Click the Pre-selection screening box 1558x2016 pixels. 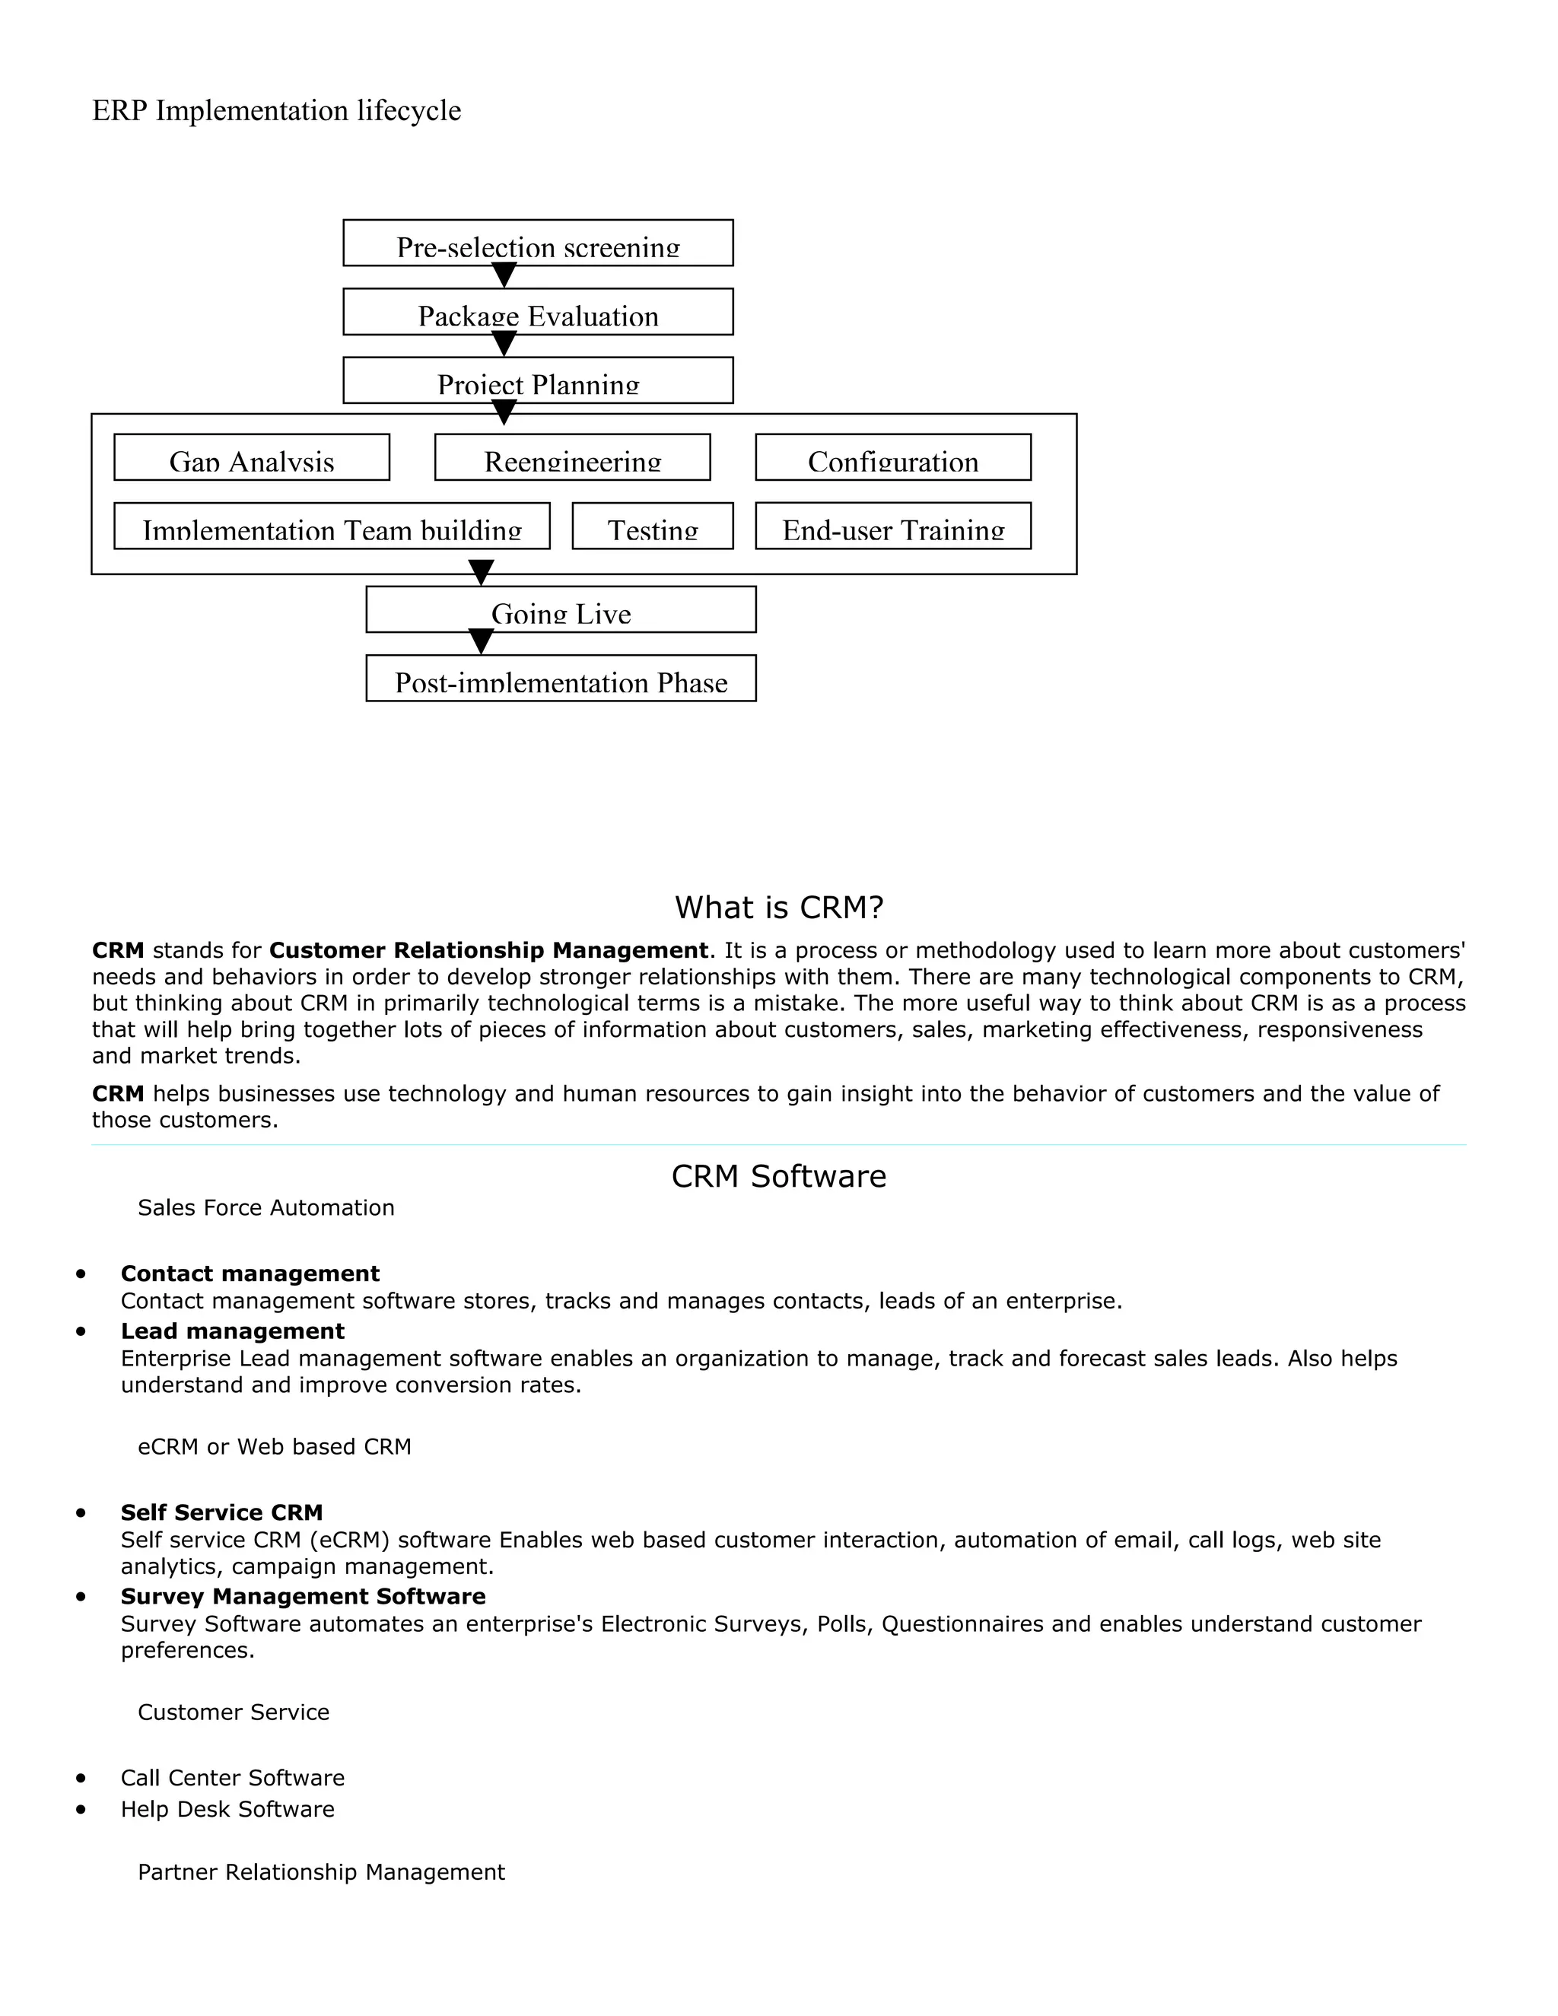[538, 243]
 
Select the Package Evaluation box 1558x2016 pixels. [538, 312]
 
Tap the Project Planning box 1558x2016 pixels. [538, 380]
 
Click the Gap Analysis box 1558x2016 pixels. [252, 457]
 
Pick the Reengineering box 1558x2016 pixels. [572, 457]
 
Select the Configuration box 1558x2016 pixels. [892, 457]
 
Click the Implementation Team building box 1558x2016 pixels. [332, 526]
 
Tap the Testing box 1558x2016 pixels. [653, 526]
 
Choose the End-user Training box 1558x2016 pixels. [892, 526]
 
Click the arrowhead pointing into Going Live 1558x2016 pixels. [481, 572]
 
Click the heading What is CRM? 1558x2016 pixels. [779, 908]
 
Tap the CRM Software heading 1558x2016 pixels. [778, 1176]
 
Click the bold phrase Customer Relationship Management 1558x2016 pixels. [488, 951]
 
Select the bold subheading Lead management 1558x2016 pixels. [233, 1331]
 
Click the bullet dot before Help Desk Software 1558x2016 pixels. [81, 1809]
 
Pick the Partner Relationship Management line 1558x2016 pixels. [321, 1872]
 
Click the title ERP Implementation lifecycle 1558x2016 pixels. [277, 111]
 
